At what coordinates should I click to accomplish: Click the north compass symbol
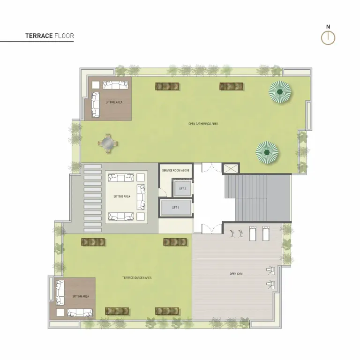point(328,38)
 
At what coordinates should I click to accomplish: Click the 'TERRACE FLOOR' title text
point(50,36)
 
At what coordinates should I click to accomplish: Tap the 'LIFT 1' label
point(175,207)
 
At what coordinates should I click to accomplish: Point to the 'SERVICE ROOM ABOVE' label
point(176,171)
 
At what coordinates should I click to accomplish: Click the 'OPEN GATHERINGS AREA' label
point(203,124)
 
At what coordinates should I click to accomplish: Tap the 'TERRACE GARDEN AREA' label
point(137,278)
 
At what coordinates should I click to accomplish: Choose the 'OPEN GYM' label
point(236,274)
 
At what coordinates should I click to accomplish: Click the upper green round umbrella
point(280,92)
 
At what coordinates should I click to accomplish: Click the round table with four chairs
point(108,143)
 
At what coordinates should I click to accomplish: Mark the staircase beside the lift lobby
point(257,198)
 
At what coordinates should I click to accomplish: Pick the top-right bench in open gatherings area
point(231,86)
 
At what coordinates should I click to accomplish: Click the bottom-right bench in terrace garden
point(167,311)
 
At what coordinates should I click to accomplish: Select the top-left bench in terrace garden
point(93,241)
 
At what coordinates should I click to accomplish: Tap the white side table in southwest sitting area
point(60,312)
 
